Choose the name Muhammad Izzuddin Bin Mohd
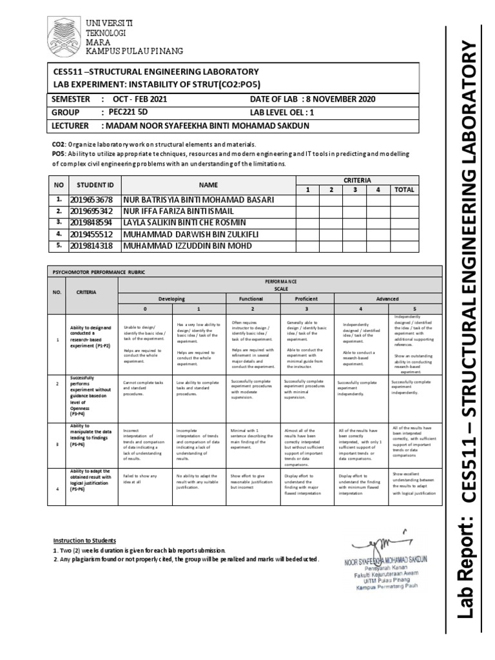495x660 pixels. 184,246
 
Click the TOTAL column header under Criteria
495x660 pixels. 403,189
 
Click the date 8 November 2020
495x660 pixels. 336,99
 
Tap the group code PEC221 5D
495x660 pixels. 128,111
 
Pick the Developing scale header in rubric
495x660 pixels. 170,299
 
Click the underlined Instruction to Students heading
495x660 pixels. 84,540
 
